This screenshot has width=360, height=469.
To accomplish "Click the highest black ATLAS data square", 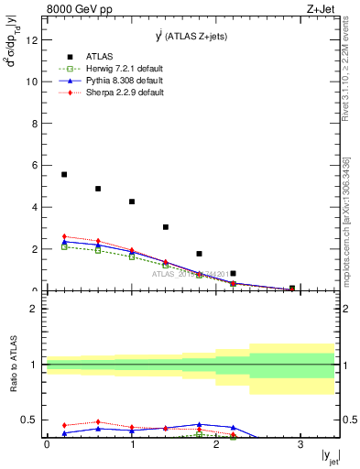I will (x=64, y=174).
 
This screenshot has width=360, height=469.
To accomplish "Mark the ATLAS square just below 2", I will (x=200, y=254).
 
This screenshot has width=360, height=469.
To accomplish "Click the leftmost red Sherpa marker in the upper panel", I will (x=64, y=236).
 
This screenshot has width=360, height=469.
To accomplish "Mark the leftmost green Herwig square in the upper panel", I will (x=64, y=246).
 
